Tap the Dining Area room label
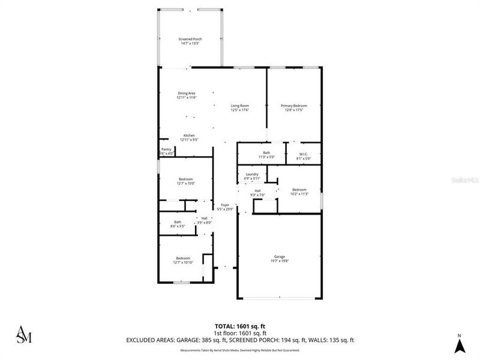(x=186, y=95)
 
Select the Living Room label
(x=240, y=108)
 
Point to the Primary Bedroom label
(x=294, y=108)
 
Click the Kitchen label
(x=189, y=137)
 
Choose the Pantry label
(x=166, y=151)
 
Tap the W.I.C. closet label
(x=303, y=155)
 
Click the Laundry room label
(x=251, y=176)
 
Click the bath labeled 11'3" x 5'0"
(x=266, y=155)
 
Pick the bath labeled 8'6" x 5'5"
(x=178, y=224)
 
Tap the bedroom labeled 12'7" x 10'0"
(x=185, y=181)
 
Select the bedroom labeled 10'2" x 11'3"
(x=299, y=192)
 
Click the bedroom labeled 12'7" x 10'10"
(x=183, y=260)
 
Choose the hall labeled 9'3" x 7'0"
(x=257, y=193)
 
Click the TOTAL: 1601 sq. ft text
(x=240, y=326)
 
